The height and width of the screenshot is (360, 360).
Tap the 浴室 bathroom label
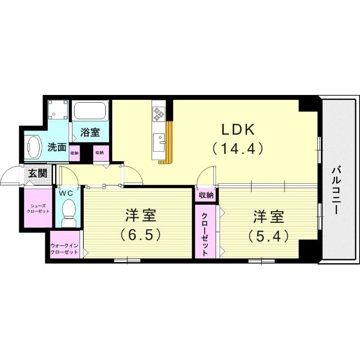pos(90,132)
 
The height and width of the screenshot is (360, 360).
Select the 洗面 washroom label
pos(58,147)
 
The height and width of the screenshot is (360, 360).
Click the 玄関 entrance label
pos(37,173)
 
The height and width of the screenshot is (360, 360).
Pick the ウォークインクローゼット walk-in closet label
pos(65,248)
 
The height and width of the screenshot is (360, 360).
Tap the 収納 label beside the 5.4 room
pos(207,195)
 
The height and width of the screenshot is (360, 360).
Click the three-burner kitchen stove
pos(158,113)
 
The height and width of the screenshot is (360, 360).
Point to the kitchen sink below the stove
pos(158,143)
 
